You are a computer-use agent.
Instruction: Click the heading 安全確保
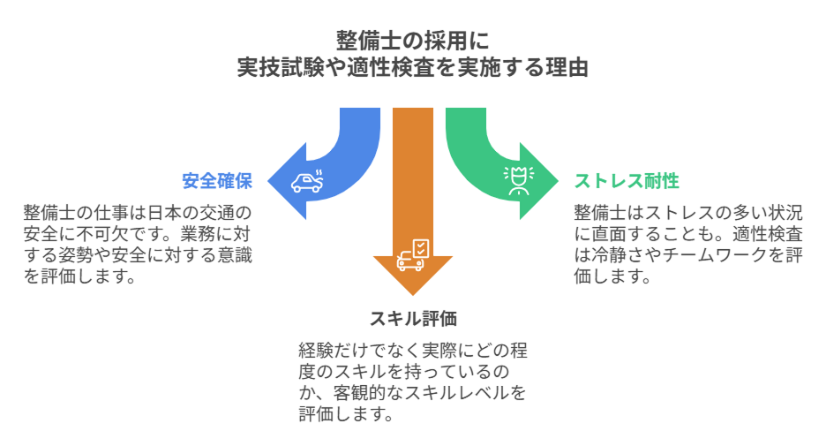(217, 182)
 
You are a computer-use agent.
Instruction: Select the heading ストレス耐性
(627, 182)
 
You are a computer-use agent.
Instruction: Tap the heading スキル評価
(413, 319)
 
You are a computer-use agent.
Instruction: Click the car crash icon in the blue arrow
(308, 180)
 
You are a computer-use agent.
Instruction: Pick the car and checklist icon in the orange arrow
(413, 255)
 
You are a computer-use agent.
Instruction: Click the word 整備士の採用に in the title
(412, 41)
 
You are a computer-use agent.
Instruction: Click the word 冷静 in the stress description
(613, 256)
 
